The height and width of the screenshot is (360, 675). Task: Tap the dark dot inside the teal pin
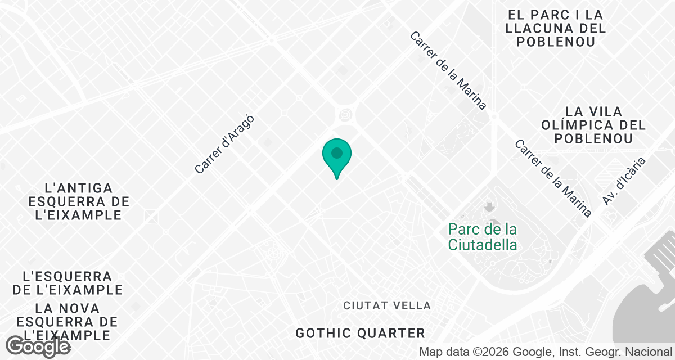click(337, 152)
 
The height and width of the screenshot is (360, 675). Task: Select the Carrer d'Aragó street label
click(224, 144)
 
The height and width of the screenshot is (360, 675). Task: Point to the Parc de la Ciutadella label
click(483, 237)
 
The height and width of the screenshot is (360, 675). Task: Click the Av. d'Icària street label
click(624, 181)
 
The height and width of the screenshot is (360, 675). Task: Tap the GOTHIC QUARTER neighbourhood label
click(361, 333)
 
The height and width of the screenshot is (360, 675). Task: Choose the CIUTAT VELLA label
click(387, 305)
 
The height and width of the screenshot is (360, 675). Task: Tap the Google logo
click(39, 346)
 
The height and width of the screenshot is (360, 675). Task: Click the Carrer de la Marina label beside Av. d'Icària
click(553, 178)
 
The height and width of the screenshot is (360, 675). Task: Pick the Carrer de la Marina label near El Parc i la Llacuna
click(448, 70)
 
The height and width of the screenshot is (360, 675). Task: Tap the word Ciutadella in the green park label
click(483, 245)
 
